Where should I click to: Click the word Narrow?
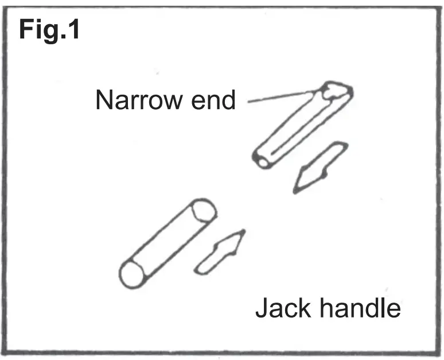134,100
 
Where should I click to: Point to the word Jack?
282,308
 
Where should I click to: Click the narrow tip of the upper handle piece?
336,91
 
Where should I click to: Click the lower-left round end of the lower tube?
133,274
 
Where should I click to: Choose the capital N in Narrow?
103,100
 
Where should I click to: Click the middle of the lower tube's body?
168,243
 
